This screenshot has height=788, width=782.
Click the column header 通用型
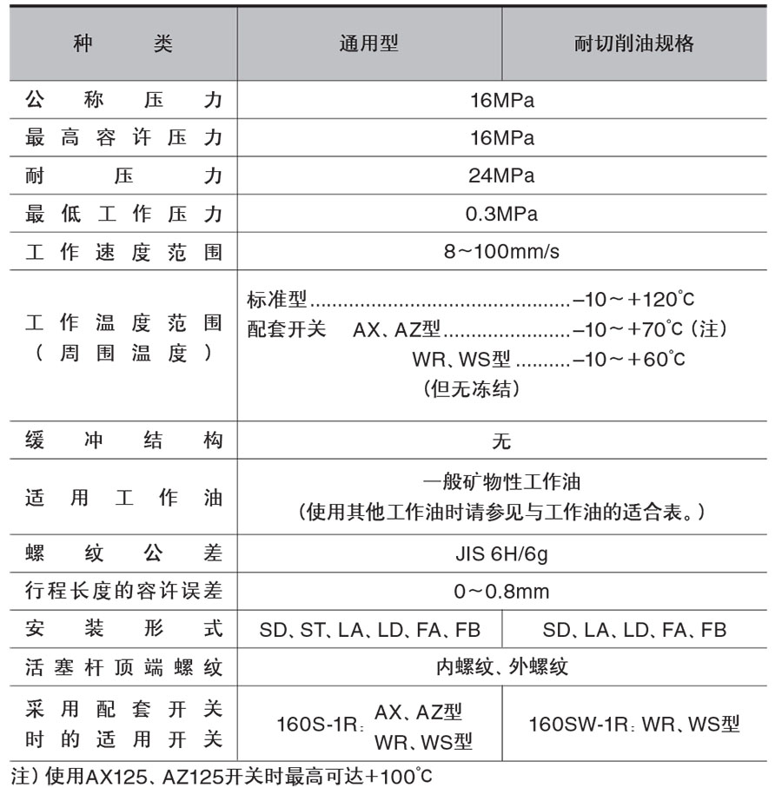pos(368,44)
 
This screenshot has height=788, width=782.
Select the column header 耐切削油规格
pos(633,44)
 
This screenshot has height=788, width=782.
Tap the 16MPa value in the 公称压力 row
pos(501,100)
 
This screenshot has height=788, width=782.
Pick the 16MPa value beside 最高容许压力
pos(501,138)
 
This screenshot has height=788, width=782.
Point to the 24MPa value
pos(501,176)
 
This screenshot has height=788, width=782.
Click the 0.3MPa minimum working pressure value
pos(501,214)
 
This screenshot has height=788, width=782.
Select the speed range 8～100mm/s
pos(501,252)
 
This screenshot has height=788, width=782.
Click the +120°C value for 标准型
pos(659,301)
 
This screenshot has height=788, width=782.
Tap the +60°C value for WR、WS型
pos(654,359)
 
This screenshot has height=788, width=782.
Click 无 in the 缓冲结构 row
pos(501,440)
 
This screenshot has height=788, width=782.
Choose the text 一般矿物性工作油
pos(501,481)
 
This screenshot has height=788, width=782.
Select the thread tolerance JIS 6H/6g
pos(501,553)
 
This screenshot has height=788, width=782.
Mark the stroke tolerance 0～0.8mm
pos(501,592)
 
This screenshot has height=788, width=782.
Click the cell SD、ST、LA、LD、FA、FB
pos(369,630)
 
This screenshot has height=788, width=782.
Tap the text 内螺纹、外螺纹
pos(501,667)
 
